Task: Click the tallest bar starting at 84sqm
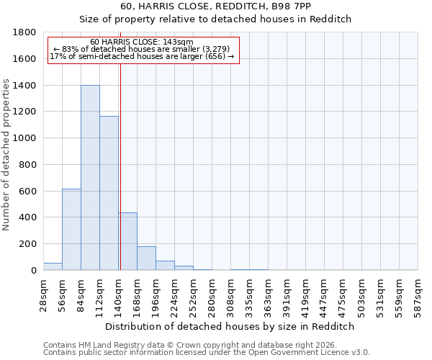tap(90, 178)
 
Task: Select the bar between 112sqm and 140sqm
tap(109, 193)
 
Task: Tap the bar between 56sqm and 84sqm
tap(71, 230)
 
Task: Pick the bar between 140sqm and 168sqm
tap(127, 241)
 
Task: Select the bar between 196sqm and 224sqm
tap(165, 266)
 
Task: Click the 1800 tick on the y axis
tap(25, 32)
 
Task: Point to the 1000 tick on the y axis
tap(25, 138)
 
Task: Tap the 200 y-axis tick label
tap(28, 244)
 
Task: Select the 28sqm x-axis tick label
tap(43, 294)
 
